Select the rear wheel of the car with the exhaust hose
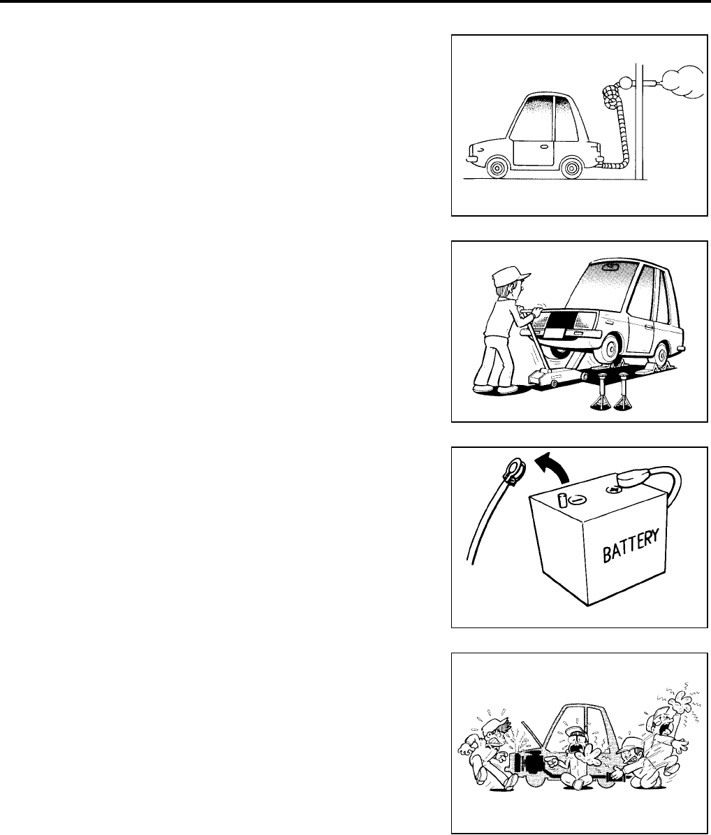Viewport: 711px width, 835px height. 571,168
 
